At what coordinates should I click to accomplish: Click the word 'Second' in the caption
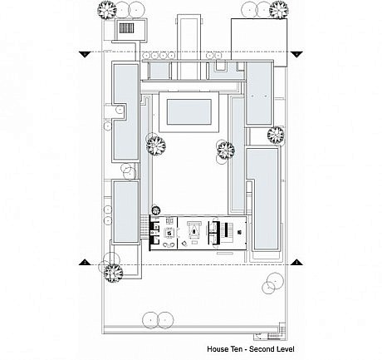point(261,349)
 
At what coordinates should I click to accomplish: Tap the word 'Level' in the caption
point(285,349)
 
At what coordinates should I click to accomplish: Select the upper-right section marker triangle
point(297,54)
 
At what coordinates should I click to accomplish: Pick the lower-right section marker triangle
point(297,262)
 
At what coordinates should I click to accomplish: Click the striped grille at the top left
point(127,28)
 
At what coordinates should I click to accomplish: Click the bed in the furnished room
point(194,229)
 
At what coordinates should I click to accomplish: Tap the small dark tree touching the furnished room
point(156,210)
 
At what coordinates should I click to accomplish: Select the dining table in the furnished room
point(169,232)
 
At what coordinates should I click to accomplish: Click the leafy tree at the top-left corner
point(107,10)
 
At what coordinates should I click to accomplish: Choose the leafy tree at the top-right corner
point(279,10)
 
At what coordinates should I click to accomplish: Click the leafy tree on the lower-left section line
point(114,273)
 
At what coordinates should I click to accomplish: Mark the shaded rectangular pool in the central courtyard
point(189,112)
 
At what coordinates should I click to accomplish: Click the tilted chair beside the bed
point(184,244)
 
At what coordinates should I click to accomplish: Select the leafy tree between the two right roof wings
point(276,135)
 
